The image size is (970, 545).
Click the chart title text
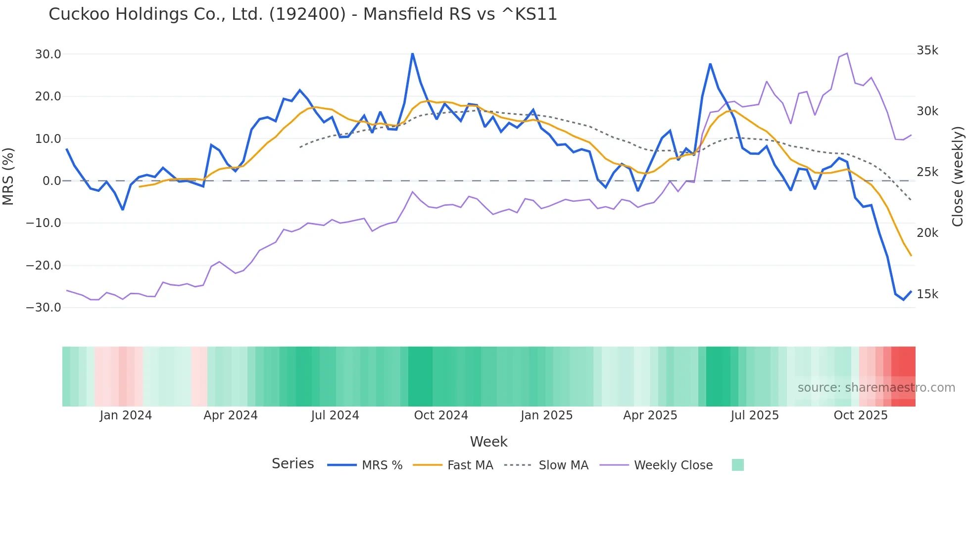(302, 14)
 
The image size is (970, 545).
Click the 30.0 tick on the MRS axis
(48, 54)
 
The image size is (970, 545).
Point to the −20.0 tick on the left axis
(44, 266)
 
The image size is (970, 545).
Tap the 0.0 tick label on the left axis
(51, 181)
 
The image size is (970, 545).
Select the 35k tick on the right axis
(927, 50)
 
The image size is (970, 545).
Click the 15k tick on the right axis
(927, 294)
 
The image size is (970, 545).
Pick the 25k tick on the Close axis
(927, 172)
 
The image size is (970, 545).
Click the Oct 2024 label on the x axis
(440, 415)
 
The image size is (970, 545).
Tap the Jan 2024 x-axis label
(125, 415)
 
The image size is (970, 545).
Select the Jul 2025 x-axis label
(754, 415)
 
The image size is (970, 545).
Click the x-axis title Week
(488, 442)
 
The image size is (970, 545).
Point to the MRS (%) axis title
(8, 176)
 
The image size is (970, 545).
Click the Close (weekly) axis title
(958, 176)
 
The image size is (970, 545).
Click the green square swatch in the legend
(737, 465)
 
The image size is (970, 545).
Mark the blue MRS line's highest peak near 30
(412, 54)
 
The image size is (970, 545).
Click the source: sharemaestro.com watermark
(876, 388)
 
